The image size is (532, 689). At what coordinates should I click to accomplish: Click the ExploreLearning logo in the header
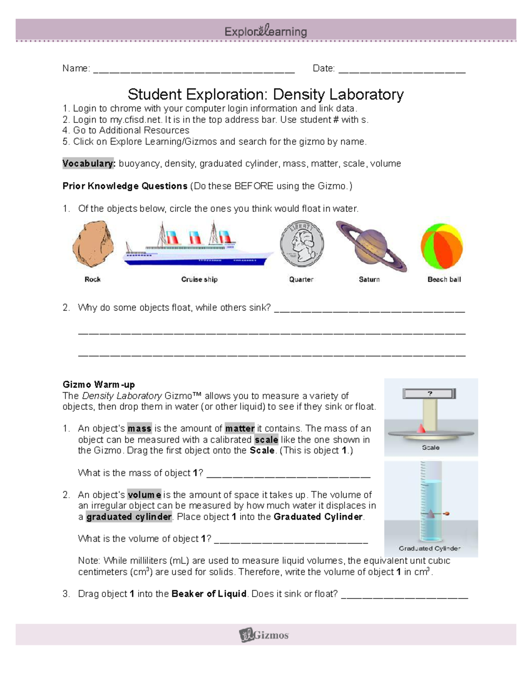[266, 31]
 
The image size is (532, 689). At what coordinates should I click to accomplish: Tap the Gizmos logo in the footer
[264, 635]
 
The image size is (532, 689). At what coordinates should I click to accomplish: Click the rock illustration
[93, 244]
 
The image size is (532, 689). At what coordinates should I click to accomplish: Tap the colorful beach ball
[442, 246]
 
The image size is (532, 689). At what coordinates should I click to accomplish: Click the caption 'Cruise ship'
[199, 280]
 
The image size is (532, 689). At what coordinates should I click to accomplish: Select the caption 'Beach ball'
[444, 280]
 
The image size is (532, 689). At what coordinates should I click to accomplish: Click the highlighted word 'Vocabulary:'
[89, 164]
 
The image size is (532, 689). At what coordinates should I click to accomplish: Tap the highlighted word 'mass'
[139, 429]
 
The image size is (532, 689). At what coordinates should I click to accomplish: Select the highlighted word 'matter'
[239, 429]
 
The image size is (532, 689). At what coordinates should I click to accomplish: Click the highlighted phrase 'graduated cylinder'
[129, 517]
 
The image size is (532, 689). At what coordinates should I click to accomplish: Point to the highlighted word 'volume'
[144, 495]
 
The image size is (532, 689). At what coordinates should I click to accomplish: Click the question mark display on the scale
[429, 394]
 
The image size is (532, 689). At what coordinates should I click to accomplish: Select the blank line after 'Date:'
[402, 70]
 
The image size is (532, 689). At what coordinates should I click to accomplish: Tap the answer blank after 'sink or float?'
[404, 596]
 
